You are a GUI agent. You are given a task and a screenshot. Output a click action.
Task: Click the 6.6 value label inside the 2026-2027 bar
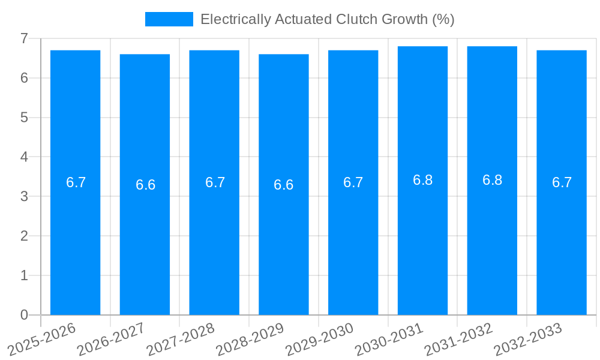click(145, 185)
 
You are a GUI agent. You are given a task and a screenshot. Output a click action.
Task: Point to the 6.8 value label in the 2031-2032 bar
click(492, 180)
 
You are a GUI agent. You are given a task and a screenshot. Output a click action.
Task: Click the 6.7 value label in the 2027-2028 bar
click(215, 182)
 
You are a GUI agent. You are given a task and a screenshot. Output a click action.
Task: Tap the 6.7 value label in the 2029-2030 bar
click(353, 182)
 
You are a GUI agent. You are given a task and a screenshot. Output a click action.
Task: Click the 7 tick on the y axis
click(24, 38)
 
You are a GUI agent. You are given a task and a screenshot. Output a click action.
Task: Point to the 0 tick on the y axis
click(24, 315)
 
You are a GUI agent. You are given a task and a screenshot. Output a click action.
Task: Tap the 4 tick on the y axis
click(24, 157)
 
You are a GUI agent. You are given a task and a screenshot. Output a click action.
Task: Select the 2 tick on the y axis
click(24, 236)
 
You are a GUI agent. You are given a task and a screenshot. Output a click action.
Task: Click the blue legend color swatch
click(169, 19)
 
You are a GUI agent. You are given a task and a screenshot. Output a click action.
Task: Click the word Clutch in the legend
click(359, 19)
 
